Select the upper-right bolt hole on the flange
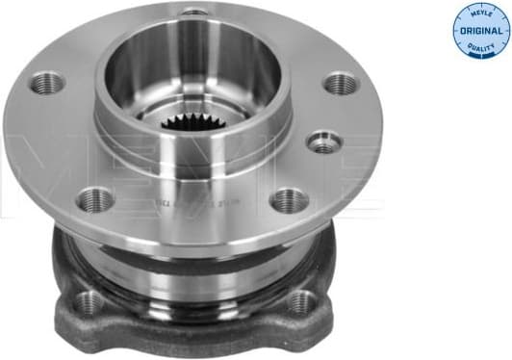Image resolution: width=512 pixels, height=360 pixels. click(342, 84)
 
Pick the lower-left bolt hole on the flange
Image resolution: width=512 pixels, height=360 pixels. click(95, 200)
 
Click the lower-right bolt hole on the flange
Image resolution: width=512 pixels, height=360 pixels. click(288, 200)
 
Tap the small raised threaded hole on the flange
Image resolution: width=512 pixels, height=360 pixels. click(324, 142)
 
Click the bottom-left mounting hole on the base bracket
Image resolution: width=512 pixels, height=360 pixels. click(89, 302)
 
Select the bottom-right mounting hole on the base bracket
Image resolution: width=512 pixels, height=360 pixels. click(300, 302)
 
